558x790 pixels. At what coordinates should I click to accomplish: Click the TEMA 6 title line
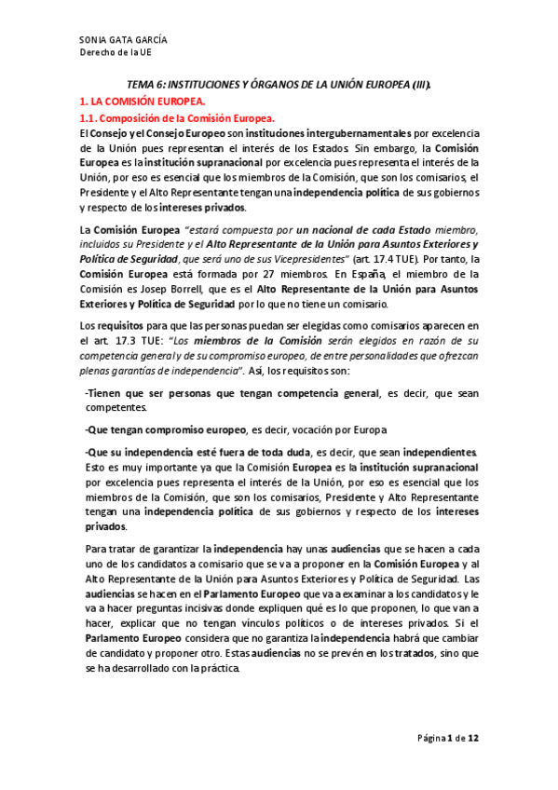(279, 84)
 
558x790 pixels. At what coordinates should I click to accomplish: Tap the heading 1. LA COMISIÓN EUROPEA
(141, 100)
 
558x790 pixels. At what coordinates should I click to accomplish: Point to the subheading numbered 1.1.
(177, 118)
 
